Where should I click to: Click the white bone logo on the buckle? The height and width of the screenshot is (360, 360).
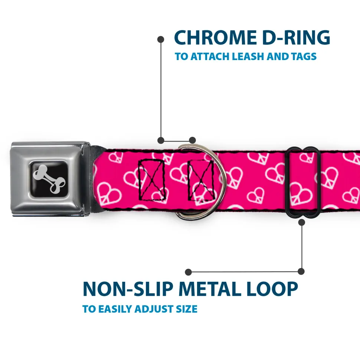pos(49,179)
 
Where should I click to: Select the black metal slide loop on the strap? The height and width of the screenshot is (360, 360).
pos(302,182)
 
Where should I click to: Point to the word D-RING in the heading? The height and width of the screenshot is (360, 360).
pos(296,37)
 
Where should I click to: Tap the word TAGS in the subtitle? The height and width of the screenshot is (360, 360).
pos(304,56)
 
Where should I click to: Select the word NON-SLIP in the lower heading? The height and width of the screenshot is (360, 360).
pos(128,288)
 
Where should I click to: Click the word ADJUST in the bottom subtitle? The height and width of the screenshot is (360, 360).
pos(154,309)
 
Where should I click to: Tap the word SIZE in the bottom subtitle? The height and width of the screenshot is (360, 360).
pos(187,309)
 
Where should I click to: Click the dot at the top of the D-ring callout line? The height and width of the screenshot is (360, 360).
pos(161,39)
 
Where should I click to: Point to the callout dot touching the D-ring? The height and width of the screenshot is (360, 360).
pos(192,140)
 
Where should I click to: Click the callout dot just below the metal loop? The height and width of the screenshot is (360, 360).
pos(302,222)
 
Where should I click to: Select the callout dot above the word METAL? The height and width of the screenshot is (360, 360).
pos(188,272)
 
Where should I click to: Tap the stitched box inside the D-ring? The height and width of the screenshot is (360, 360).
pos(201,180)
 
